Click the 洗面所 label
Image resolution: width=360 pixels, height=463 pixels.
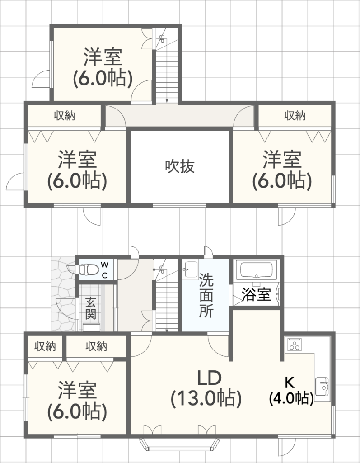pyautogui.click(x=206, y=295)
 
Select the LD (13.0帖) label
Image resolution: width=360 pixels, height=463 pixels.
pyautogui.click(x=206, y=388)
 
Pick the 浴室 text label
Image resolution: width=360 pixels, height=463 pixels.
pyautogui.click(x=256, y=295)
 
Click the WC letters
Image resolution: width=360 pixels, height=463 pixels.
pyautogui.click(x=104, y=269)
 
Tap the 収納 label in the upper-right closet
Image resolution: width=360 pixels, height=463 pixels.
pyautogui.click(x=295, y=116)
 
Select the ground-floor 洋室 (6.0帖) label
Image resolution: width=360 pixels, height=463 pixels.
pyautogui.click(x=77, y=400)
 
